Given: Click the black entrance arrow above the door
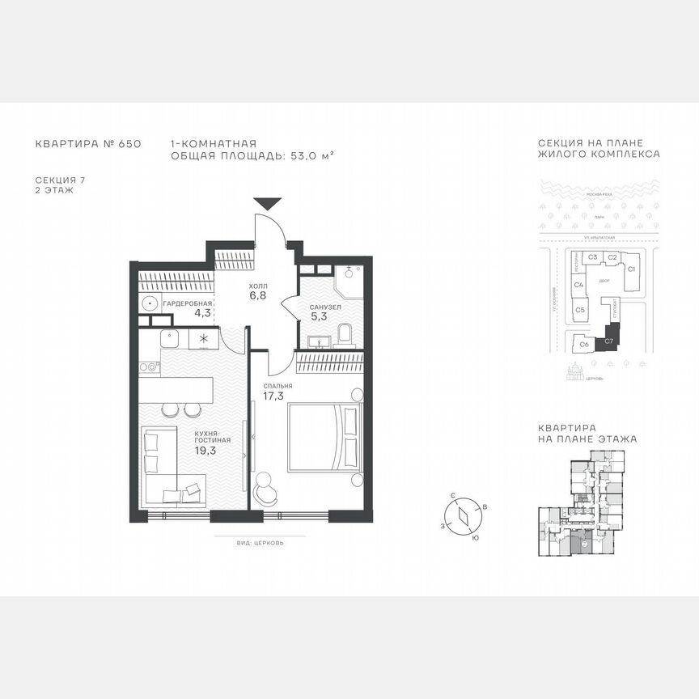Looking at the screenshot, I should tap(267, 205).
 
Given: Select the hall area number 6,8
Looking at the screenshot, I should tap(258, 296).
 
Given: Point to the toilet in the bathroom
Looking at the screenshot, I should tap(345, 334).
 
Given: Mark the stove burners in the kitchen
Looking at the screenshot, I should tap(149, 366).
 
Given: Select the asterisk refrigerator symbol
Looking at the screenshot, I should tap(203, 339).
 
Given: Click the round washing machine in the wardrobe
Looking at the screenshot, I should tap(150, 303).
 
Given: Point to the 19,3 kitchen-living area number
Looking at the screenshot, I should tap(205, 451).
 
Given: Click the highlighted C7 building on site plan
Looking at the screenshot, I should tap(610, 341).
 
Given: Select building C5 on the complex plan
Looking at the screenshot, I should tap(580, 310).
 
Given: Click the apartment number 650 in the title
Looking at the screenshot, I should tap(129, 143).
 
